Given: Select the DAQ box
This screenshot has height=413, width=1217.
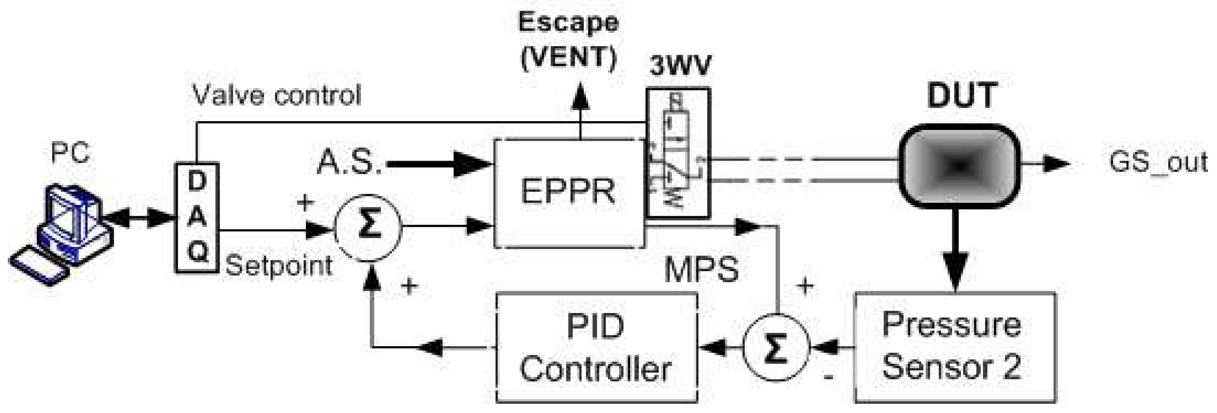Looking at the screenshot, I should pyautogui.click(x=197, y=218).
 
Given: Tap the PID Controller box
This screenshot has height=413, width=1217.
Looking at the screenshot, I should pyautogui.click(x=596, y=347).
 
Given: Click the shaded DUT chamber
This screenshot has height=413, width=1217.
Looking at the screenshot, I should pyautogui.click(x=960, y=165).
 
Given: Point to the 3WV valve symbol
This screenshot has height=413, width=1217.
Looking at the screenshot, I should pyautogui.click(x=678, y=154).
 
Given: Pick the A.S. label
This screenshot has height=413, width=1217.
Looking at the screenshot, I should pyautogui.click(x=349, y=163).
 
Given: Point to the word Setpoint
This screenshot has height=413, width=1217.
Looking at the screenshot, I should pyautogui.click(x=279, y=266).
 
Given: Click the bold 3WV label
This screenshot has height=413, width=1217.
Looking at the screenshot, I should pyautogui.click(x=680, y=66).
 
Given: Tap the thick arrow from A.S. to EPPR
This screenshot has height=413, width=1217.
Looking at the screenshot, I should pyautogui.click(x=439, y=164).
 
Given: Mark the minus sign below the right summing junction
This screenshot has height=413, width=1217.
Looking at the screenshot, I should pyautogui.click(x=828, y=377).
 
